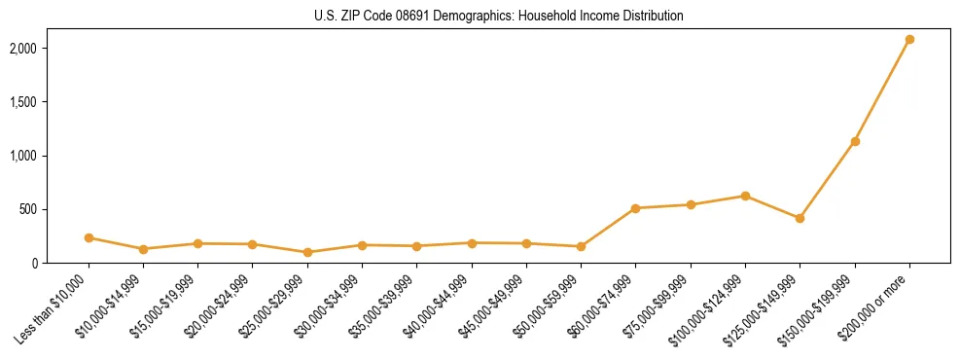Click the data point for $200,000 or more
point(909,40)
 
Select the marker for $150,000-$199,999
point(855,142)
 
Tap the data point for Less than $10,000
point(89,237)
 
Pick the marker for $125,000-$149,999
point(800,218)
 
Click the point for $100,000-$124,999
point(745,196)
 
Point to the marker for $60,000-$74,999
point(635,208)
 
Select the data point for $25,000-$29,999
point(307,252)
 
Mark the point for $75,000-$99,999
point(691,204)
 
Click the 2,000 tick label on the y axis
point(22,48)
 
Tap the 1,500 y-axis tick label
point(22,102)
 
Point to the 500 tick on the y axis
point(28,209)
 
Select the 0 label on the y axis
point(34,263)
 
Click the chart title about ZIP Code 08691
point(499,16)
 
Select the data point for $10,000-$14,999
point(143,249)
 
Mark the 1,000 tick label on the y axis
point(22,156)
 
